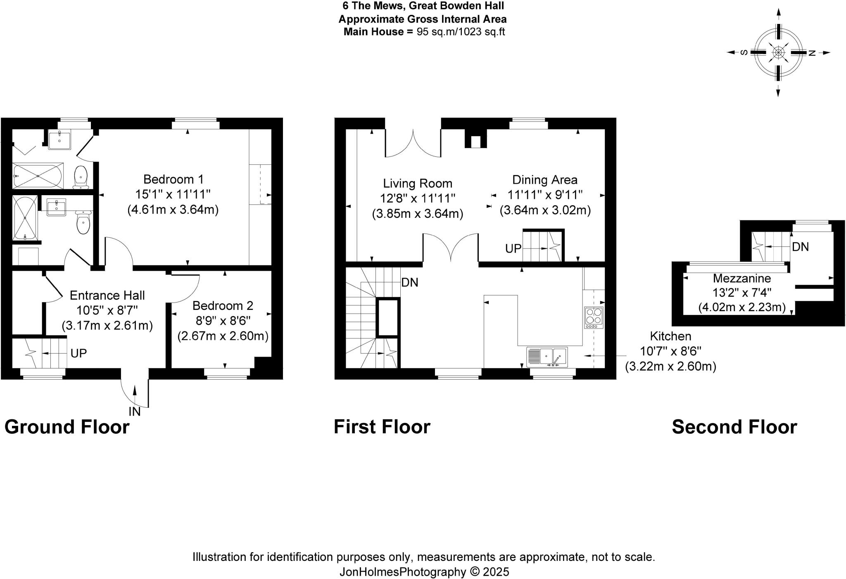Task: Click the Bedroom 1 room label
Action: point(173,180)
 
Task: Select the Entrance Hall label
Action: point(107,295)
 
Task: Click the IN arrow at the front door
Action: point(135,396)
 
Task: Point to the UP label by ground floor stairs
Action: point(78,353)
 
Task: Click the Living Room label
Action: point(417,184)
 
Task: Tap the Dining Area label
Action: point(544,180)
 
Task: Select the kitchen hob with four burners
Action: point(594,317)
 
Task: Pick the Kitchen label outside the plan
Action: point(670,336)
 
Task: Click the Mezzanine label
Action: point(741,278)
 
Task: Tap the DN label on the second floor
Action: point(800,247)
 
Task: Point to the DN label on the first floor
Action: point(410,282)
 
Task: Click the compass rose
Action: point(778,53)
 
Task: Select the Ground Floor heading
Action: point(67,427)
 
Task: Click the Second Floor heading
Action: point(734,427)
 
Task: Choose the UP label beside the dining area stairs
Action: point(513,248)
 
